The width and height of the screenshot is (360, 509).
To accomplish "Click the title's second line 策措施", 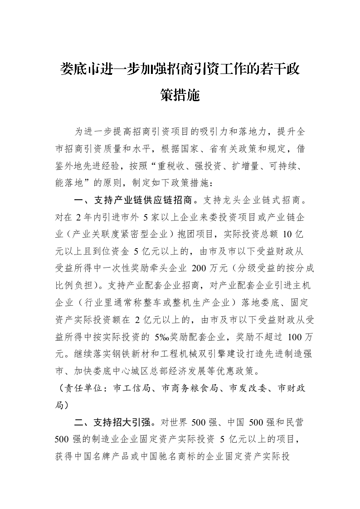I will [180, 96].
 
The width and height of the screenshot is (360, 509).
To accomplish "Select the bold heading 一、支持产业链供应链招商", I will [136, 200].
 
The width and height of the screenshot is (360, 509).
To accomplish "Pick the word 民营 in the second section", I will [294, 423].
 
